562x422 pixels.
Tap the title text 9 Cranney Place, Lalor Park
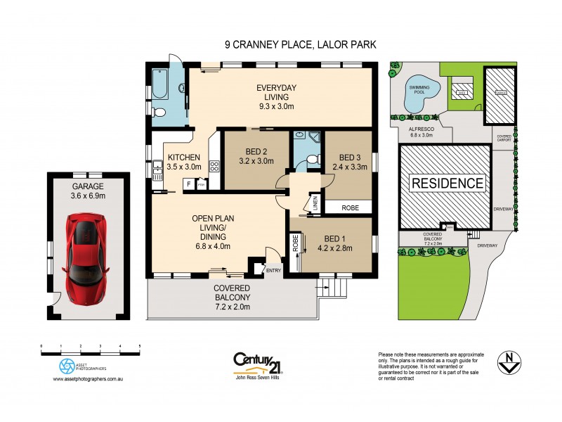(x=300, y=44)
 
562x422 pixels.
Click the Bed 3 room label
(x=349, y=162)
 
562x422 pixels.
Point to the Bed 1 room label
(x=334, y=243)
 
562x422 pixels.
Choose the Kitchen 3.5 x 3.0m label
(x=184, y=162)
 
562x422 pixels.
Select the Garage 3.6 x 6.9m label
(x=88, y=191)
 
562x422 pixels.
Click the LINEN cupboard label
(x=315, y=203)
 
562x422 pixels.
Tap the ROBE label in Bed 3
(x=349, y=208)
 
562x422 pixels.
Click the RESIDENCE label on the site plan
(x=447, y=184)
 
